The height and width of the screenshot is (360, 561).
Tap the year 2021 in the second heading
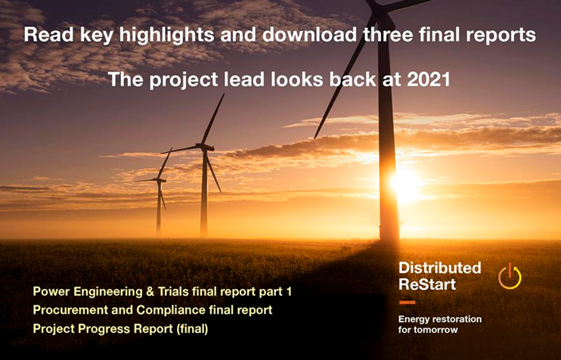[429, 79]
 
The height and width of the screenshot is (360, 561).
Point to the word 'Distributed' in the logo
[439, 268]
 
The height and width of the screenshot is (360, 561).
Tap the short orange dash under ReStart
[407, 302]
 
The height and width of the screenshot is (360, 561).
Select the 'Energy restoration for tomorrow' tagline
[439, 324]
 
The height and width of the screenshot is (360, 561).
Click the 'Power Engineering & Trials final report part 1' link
[162, 292]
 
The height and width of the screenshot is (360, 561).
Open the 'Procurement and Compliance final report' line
[152, 310]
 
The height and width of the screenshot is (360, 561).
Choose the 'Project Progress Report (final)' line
[120, 328]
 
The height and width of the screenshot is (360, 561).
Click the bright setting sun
[405, 182]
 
